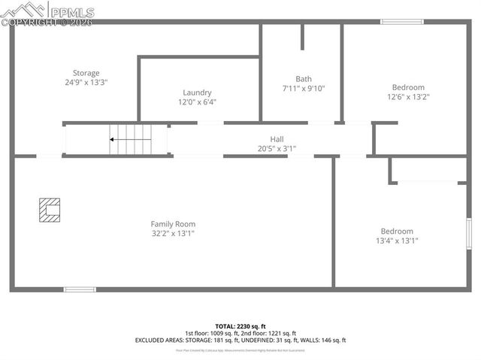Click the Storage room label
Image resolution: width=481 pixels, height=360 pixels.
86,73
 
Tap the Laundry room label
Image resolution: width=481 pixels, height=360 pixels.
197,92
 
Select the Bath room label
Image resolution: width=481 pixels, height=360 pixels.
303,79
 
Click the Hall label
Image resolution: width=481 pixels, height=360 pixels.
277,139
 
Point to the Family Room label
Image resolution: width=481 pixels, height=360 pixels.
173,224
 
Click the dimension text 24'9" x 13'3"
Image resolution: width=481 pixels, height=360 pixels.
86,83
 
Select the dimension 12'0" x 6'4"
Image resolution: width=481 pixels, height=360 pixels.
197,102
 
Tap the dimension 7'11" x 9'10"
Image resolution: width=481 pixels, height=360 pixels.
303,89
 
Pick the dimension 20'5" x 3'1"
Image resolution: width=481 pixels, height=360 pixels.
277,149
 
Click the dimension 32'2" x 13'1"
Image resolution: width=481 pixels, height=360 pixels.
173,234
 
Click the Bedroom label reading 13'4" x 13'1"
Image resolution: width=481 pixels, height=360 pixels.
397,231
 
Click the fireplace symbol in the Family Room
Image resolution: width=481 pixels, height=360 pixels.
50,210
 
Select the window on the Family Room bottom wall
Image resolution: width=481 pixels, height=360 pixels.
79,289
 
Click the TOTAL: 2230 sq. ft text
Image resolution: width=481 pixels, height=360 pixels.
240,325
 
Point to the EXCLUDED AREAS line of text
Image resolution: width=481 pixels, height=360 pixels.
240,340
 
